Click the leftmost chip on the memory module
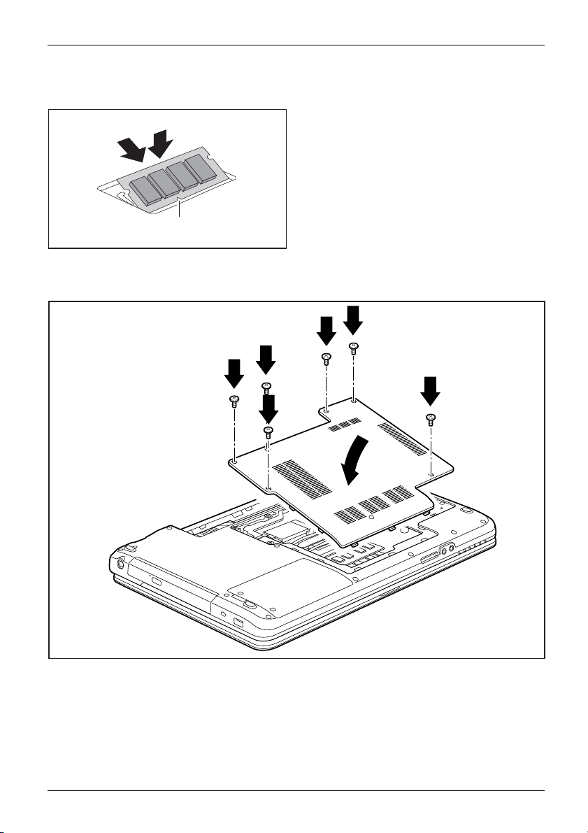144,188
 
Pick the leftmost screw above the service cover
234,401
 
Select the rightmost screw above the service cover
431,419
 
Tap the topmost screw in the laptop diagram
354,346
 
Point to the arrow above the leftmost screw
234,373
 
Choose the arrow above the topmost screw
353,320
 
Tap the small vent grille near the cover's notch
344,425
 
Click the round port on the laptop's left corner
120,562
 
